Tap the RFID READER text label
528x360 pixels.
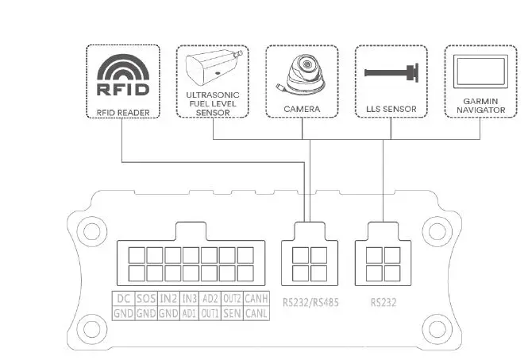tap(121, 111)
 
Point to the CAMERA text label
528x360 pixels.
tap(302, 108)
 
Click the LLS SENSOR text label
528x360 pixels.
tap(391, 108)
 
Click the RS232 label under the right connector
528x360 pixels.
tap(383, 302)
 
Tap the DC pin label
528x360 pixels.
tap(124, 298)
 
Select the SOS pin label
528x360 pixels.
tap(145, 298)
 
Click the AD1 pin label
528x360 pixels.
tap(189, 313)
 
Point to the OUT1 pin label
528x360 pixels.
tap(210, 313)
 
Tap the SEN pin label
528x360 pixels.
tap(233, 313)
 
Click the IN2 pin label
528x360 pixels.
tap(168, 298)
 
